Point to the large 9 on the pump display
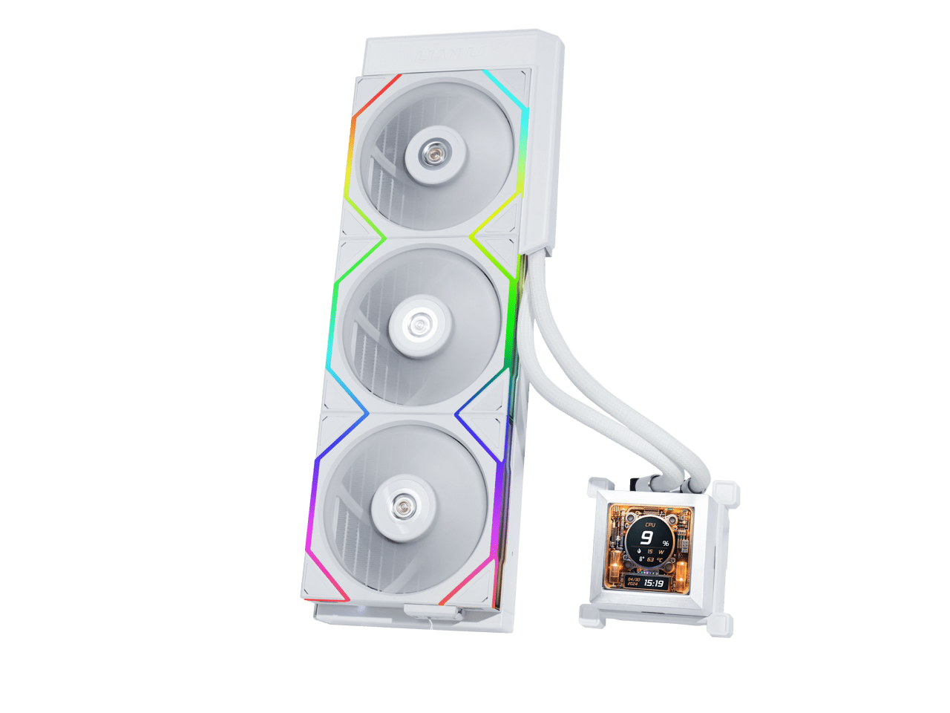tap(646, 538)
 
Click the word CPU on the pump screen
tap(650, 524)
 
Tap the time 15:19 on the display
tap(654, 584)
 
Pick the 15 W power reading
tap(654, 552)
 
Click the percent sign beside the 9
tap(665, 544)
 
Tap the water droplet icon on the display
tap(639, 551)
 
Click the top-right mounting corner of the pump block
tap(729, 492)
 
